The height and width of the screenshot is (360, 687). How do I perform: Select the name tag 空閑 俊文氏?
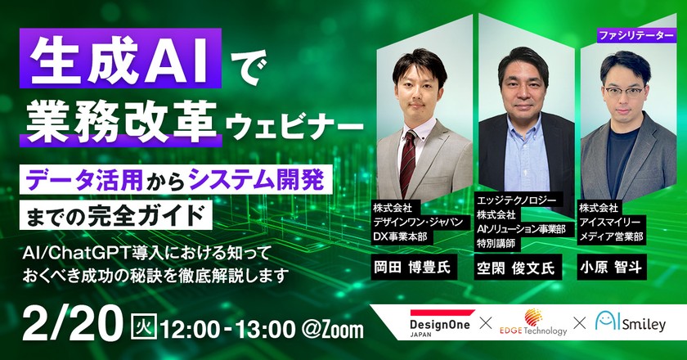point(515,267)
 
